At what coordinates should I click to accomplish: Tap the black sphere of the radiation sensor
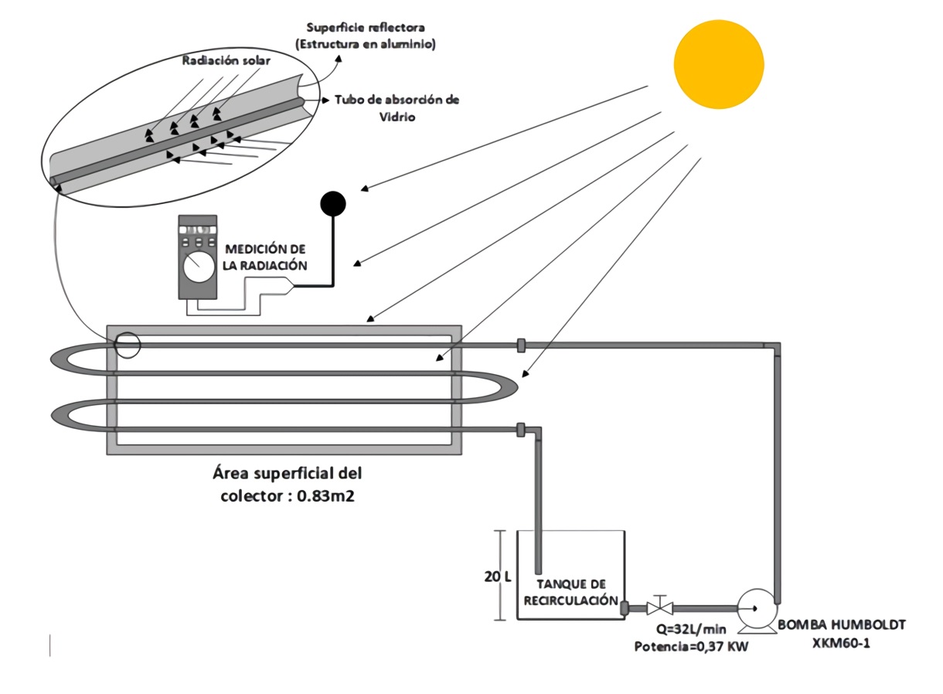[x=333, y=203]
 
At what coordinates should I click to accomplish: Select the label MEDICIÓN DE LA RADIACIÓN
[x=265, y=257]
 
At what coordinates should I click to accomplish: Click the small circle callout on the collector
[x=128, y=345]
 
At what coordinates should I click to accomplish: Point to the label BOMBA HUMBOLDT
[x=841, y=625]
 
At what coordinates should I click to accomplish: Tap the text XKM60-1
[x=841, y=642]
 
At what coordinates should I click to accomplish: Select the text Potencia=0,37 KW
[x=691, y=646]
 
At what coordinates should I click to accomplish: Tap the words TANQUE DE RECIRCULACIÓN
[x=570, y=593]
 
